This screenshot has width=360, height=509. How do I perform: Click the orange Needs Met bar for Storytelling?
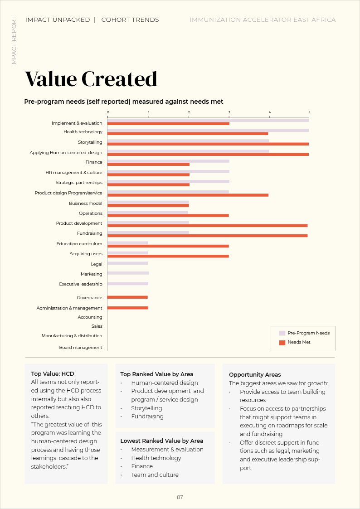208,144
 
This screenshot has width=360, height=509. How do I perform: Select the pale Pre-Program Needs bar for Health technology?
208,130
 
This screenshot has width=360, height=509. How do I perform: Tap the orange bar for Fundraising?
207,236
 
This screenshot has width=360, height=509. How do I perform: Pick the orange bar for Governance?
127,297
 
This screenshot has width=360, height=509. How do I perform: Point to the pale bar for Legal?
127,263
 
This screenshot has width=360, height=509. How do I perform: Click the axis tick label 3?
229,112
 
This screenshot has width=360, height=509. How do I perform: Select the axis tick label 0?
108,112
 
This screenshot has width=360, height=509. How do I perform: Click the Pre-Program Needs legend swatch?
282,333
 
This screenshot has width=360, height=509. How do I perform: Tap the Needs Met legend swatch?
282,342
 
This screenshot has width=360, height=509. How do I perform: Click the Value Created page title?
91,79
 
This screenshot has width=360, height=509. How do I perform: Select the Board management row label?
81,348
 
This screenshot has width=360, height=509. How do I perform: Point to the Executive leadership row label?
81,284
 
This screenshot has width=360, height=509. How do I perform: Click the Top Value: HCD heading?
53,374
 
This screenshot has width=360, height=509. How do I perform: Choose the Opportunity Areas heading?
255,375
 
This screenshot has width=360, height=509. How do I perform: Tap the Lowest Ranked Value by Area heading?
161,441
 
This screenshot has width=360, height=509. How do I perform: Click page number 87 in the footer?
180,497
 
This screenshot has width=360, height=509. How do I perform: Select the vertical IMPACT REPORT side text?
14,42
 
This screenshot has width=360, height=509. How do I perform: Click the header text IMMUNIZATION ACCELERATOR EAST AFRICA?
263,20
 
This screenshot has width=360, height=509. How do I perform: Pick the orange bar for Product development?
207,225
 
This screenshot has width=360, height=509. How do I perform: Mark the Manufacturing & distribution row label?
72,336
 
